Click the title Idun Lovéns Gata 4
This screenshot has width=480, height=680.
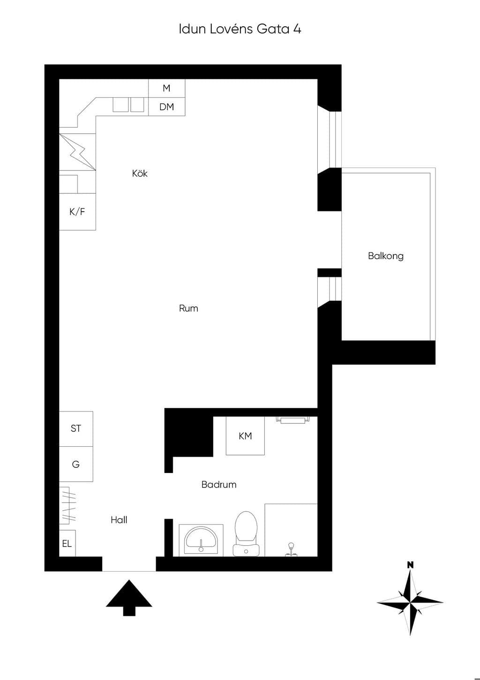[240, 29]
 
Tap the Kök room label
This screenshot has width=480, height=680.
[140, 173]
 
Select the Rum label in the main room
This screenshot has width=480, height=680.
[188, 308]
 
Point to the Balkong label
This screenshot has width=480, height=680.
[386, 256]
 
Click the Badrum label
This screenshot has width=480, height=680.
[219, 484]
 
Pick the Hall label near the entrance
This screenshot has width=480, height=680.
[119, 520]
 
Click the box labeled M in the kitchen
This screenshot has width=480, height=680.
[166, 88]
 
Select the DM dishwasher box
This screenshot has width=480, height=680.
[166, 107]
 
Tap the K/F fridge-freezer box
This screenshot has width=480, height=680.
[77, 212]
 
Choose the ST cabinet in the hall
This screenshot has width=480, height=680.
[76, 428]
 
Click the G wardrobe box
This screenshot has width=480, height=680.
[76, 464]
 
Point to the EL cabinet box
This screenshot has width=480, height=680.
[67, 544]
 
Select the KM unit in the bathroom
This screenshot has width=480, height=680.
[245, 436]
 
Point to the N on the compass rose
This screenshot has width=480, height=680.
[410, 565]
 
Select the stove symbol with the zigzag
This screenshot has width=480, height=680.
[77, 152]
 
